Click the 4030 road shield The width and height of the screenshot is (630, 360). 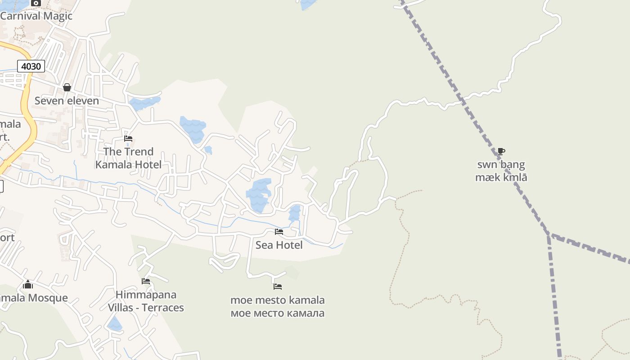(31, 67)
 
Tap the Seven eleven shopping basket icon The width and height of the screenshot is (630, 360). (67, 87)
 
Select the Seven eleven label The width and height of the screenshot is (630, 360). (67, 101)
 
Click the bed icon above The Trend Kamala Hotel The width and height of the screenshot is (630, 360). (128, 139)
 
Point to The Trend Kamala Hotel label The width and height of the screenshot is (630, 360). (128, 158)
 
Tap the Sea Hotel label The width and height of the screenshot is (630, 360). (279, 245)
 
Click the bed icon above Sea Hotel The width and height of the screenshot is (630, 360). (279, 232)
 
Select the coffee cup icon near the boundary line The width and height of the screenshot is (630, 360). (501, 151)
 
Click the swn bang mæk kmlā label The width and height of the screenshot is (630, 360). (501, 171)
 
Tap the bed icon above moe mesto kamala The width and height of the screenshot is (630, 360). (278, 286)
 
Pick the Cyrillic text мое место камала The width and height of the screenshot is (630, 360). (278, 313)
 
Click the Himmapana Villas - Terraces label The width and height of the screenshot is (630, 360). (146, 301)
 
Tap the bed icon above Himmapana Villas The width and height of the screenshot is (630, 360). (146, 281)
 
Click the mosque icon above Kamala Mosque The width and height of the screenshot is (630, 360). (28, 284)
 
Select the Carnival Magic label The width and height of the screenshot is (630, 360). (36, 16)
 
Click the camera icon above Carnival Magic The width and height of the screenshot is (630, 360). (36, 3)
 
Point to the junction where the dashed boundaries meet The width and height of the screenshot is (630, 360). (549, 234)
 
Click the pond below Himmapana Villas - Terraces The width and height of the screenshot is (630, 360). (115, 324)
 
